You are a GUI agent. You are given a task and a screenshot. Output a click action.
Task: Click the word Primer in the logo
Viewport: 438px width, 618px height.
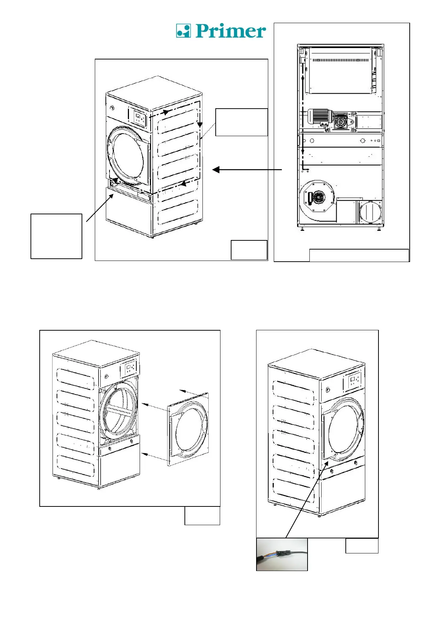pos(230,31)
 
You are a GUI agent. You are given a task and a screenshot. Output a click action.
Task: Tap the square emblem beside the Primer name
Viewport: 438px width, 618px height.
pos(183,31)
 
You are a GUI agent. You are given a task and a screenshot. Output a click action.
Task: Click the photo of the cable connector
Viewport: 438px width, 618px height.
pos(282,554)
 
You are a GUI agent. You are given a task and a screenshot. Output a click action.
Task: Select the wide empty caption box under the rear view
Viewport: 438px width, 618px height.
pos(359,255)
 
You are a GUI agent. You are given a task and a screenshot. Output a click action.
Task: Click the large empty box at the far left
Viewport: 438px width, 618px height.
pos(56,236)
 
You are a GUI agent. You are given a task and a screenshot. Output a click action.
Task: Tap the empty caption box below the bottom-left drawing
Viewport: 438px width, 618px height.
pos(202,516)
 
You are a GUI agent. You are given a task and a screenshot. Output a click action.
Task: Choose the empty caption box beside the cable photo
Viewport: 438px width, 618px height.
pos(362,546)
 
